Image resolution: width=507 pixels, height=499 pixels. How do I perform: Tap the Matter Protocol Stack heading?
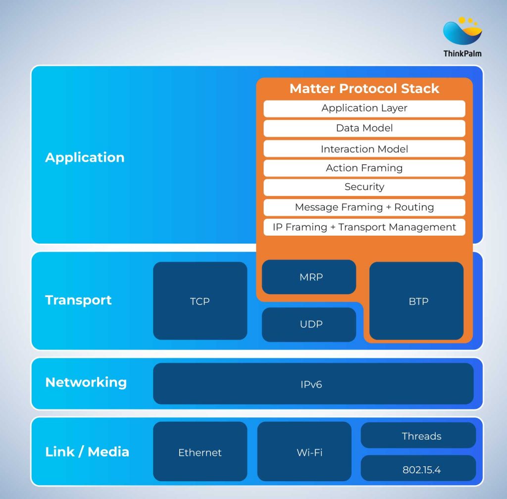[364, 89]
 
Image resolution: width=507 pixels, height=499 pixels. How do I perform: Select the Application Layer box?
[364, 108]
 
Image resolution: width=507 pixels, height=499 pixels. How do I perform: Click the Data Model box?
[364, 128]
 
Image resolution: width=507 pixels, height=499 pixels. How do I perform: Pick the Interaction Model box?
[364, 149]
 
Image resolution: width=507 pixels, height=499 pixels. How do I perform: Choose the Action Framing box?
[364, 168]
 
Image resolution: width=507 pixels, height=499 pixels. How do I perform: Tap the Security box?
[364, 187]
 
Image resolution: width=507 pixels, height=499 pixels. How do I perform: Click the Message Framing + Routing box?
[364, 207]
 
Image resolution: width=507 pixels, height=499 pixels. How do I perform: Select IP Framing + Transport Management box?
[364, 227]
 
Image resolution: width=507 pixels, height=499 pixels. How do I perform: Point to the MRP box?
[309, 277]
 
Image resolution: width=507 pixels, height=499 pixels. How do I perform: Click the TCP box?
[200, 301]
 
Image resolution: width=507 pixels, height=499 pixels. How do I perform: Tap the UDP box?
[309, 324]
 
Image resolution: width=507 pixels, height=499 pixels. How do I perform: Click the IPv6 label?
[311, 384]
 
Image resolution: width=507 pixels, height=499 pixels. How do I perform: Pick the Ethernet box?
[200, 452]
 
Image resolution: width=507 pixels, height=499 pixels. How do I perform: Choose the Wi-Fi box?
[309, 452]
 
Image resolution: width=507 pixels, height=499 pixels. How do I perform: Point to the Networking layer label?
[86, 382]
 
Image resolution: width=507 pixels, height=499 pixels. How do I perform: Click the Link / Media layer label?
[87, 451]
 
